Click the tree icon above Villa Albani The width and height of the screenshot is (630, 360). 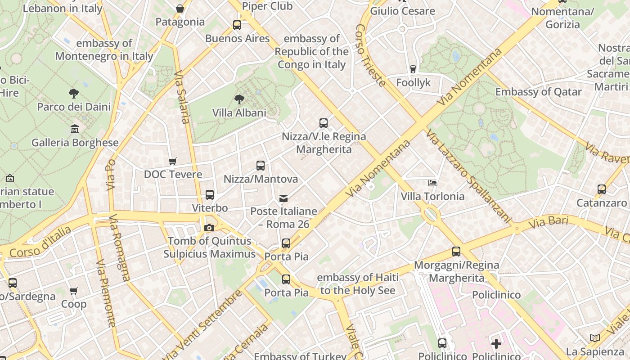(x=239, y=99)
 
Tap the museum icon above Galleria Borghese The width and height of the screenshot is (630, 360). (x=75, y=129)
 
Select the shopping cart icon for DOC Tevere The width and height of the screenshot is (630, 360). (x=172, y=161)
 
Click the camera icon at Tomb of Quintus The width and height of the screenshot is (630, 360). (x=209, y=228)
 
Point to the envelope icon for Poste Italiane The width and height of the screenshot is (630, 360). (x=283, y=198)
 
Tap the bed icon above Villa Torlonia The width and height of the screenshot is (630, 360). (x=432, y=183)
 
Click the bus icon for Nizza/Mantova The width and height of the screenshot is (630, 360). (x=260, y=165)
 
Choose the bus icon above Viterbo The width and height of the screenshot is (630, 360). (x=210, y=195)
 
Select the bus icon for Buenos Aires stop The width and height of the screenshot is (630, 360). (x=237, y=25)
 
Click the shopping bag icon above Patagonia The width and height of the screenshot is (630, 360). (x=180, y=9)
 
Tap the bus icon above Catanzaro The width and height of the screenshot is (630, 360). (x=602, y=189)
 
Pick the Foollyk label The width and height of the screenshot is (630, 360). (x=413, y=83)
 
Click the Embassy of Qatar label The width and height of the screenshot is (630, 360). (x=538, y=92)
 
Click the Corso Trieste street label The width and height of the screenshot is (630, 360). (x=370, y=55)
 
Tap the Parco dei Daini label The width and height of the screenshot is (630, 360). (x=74, y=107)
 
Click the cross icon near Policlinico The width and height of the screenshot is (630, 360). (x=496, y=344)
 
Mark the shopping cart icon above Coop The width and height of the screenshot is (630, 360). (x=74, y=291)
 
